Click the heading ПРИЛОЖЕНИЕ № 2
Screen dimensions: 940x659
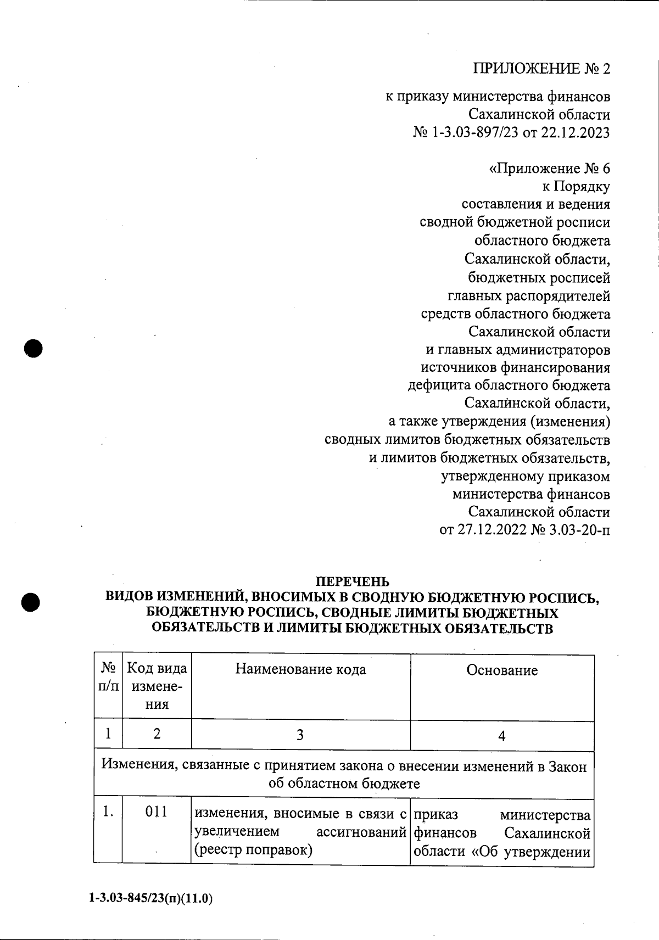(x=541, y=69)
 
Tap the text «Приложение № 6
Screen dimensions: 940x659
(x=549, y=169)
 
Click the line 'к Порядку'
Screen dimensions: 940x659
(x=576, y=187)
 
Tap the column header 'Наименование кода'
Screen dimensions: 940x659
(x=300, y=669)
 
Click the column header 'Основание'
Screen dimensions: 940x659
(x=502, y=670)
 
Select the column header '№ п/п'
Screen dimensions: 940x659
(x=108, y=677)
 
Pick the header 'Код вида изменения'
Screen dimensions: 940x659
(x=157, y=686)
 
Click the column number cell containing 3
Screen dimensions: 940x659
(x=300, y=735)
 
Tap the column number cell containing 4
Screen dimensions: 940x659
(x=501, y=736)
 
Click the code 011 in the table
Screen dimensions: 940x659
(x=157, y=812)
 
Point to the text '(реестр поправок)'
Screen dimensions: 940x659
(x=254, y=851)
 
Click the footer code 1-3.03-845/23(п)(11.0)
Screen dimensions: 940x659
(x=150, y=899)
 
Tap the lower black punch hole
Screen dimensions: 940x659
(x=31, y=601)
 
